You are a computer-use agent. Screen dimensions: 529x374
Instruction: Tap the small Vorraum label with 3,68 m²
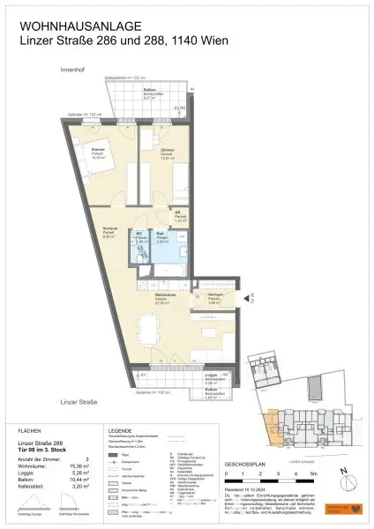click(x=214, y=297)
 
